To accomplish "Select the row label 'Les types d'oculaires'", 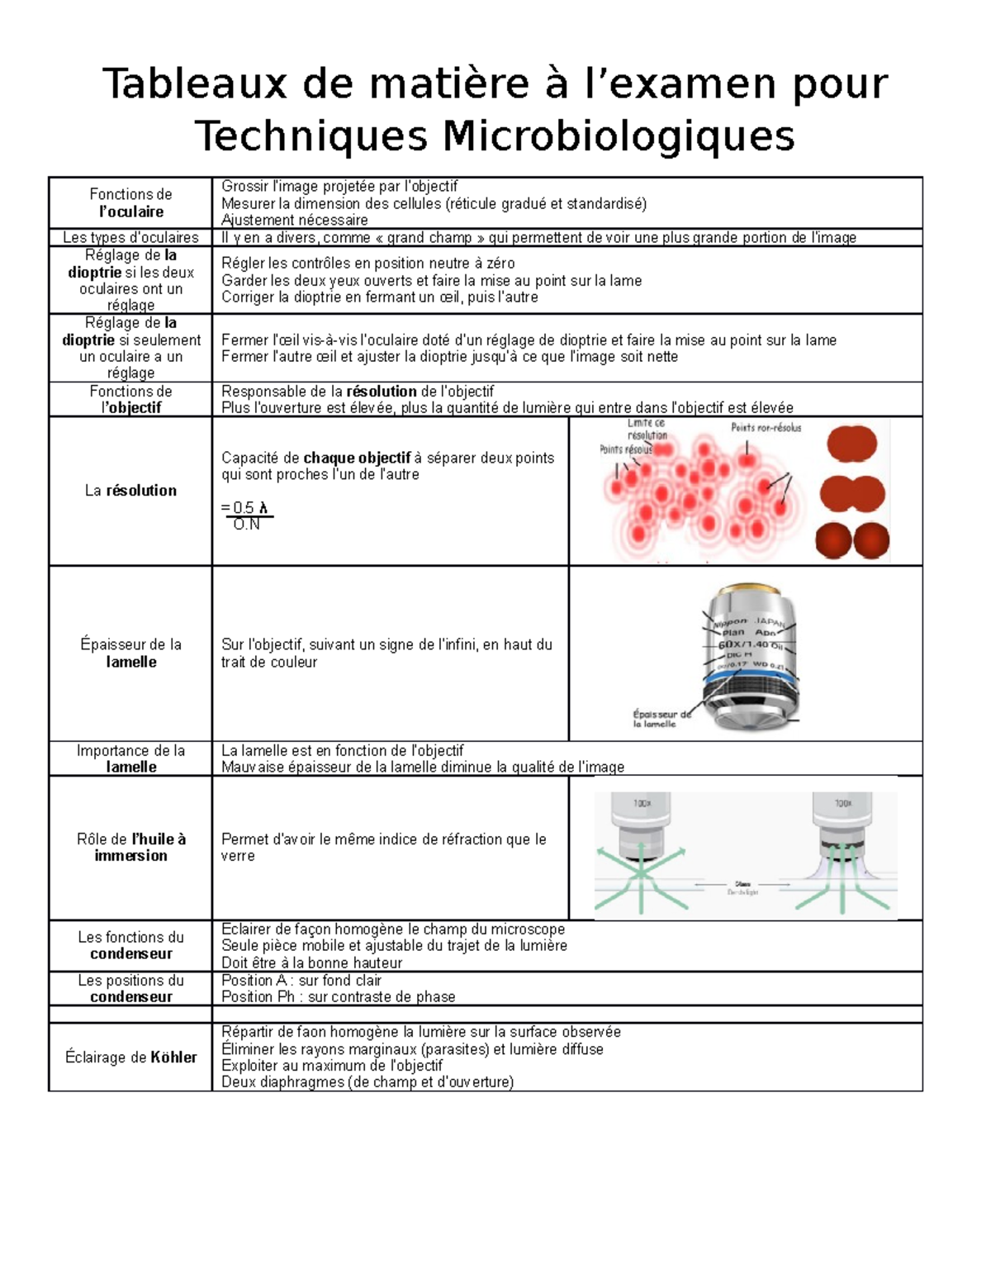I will pyautogui.click(x=130, y=238).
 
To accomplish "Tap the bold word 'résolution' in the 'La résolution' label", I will pyautogui.click(x=141, y=491).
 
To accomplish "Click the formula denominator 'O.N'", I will pyautogui.click(x=246, y=525).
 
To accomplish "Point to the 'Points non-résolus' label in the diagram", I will pyautogui.click(x=766, y=428).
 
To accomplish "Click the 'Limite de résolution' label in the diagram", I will pyautogui.click(x=647, y=430).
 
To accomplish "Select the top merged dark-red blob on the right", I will pyautogui.click(x=851, y=444).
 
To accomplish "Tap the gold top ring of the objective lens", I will pyautogui.click(x=747, y=596).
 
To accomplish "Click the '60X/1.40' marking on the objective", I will pyautogui.click(x=742, y=644).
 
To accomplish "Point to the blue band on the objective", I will pyautogui.click(x=749, y=676).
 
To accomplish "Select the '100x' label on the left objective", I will pyautogui.click(x=642, y=803).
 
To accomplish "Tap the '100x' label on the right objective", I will pyautogui.click(x=842, y=803).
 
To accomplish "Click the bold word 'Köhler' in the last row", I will pyautogui.click(x=173, y=1057).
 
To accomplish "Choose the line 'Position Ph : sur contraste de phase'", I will pyautogui.click(x=339, y=997).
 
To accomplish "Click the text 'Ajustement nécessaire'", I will pyautogui.click(x=295, y=221).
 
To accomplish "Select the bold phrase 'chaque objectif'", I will pyautogui.click(x=357, y=458).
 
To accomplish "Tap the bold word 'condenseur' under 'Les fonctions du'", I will pyautogui.click(x=131, y=954).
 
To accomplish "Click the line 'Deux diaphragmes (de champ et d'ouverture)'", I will pyautogui.click(x=367, y=1082).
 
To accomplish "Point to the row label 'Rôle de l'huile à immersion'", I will pyautogui.click(x=131, y=848).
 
